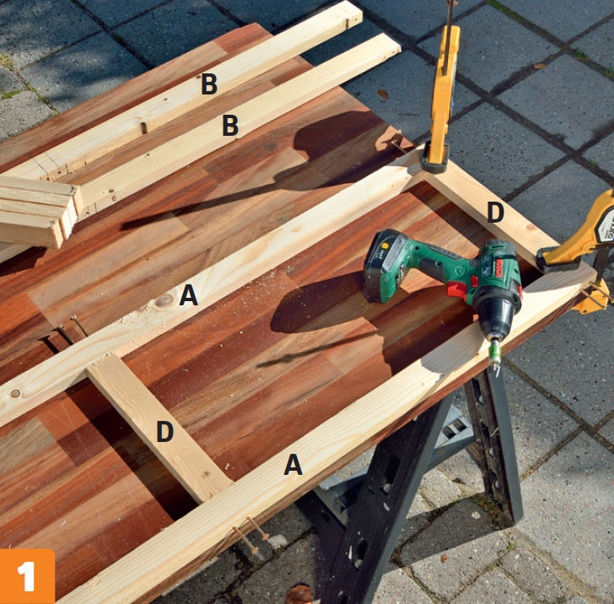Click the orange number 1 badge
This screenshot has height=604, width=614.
(27, 576)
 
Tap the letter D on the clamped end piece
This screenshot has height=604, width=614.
(495, 213)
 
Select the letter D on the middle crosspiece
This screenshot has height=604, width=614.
(164, 432)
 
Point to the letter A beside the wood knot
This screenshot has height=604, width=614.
(188, 295)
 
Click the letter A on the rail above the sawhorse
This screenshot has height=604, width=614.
(293, 465)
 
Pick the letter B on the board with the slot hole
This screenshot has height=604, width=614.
(209, 84)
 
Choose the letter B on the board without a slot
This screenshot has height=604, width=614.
(230, 126)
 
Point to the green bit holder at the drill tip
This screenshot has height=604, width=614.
(495, 350)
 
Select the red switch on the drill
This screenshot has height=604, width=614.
(457, 291)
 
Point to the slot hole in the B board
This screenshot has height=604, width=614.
(143, 127)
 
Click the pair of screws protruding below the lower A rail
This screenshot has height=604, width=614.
(251, 533)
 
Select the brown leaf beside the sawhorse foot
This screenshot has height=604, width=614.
(299, 594)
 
